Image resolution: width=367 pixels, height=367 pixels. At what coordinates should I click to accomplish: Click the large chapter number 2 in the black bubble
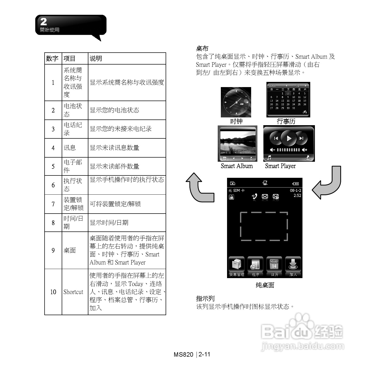[x=44, y=22]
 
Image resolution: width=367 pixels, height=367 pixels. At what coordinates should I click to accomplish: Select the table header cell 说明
[x=96, y=59]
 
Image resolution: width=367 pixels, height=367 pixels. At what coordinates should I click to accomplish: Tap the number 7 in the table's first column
[x=53, y=204]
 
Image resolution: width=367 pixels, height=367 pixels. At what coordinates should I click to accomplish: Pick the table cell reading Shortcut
[x=73, y=292]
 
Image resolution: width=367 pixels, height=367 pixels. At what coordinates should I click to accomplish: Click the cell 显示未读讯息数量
[x=114, y=148]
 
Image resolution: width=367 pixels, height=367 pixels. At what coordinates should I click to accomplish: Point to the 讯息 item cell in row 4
[x=70, y=148]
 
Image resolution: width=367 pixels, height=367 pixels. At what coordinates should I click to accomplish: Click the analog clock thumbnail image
[x=236, y=102]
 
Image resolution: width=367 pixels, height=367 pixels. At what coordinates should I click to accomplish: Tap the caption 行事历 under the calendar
[x=286, y=121]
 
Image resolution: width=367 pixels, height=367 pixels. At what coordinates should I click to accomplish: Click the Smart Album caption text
[x=237, y=166]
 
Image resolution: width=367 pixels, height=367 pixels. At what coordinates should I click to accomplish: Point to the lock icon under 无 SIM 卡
[x=231, y=197]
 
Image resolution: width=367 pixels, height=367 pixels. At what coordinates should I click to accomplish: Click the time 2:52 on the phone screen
[x=297, y=195]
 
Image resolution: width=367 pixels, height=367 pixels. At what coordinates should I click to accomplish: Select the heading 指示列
[x=205, y=299]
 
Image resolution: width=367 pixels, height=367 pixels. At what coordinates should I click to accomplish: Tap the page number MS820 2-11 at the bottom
[x=192, y=354]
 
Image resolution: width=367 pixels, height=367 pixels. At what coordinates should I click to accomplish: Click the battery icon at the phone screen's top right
[x=295, y=184]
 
